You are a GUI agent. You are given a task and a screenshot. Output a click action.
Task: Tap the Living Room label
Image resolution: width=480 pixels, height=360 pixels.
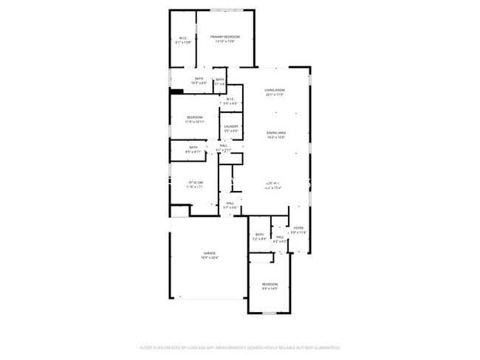pos(275,90)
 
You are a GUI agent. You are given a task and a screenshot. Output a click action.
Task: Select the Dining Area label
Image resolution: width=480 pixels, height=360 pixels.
pos(277,133)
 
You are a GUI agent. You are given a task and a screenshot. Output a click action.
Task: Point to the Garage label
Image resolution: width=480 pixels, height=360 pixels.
pos(210,252)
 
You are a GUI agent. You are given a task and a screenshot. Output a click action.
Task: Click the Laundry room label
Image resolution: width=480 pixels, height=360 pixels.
pos(230,126)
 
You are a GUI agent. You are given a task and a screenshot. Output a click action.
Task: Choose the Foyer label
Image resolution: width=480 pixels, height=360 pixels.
pos(298,228)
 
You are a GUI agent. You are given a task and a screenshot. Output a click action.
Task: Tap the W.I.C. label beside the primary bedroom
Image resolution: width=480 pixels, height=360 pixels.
pos(183,38)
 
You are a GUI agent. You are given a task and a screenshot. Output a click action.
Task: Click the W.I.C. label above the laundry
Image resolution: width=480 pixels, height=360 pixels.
pos(230,99)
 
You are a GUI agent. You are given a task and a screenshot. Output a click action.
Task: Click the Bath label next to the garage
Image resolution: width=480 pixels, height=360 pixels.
pos(259,235)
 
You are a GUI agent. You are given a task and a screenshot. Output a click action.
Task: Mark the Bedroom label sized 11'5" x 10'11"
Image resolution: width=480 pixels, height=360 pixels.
pos(195,117)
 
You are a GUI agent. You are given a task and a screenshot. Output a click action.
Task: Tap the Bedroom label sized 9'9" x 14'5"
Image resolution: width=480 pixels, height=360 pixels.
pos(270,284)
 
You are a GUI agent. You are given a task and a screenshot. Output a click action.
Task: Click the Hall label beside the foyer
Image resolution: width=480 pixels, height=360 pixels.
pos(280,237)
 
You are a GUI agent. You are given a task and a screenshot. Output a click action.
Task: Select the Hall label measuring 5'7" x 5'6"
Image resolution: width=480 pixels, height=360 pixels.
pos(231,203)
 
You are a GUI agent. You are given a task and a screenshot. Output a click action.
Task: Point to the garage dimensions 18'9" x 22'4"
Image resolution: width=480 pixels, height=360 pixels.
pos(210,257)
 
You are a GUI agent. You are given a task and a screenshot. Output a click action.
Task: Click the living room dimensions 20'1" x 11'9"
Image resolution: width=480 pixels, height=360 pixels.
pos(275,95)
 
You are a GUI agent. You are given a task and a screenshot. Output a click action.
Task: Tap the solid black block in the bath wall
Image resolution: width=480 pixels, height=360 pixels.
pos(176,91)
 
